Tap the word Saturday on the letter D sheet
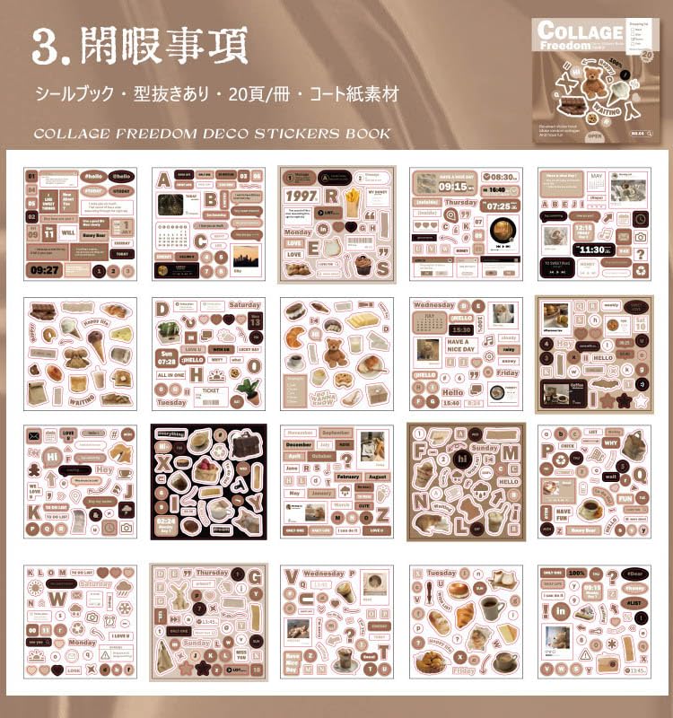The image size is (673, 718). (x=244, y=305)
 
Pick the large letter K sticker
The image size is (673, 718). (x=34, y=512)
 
